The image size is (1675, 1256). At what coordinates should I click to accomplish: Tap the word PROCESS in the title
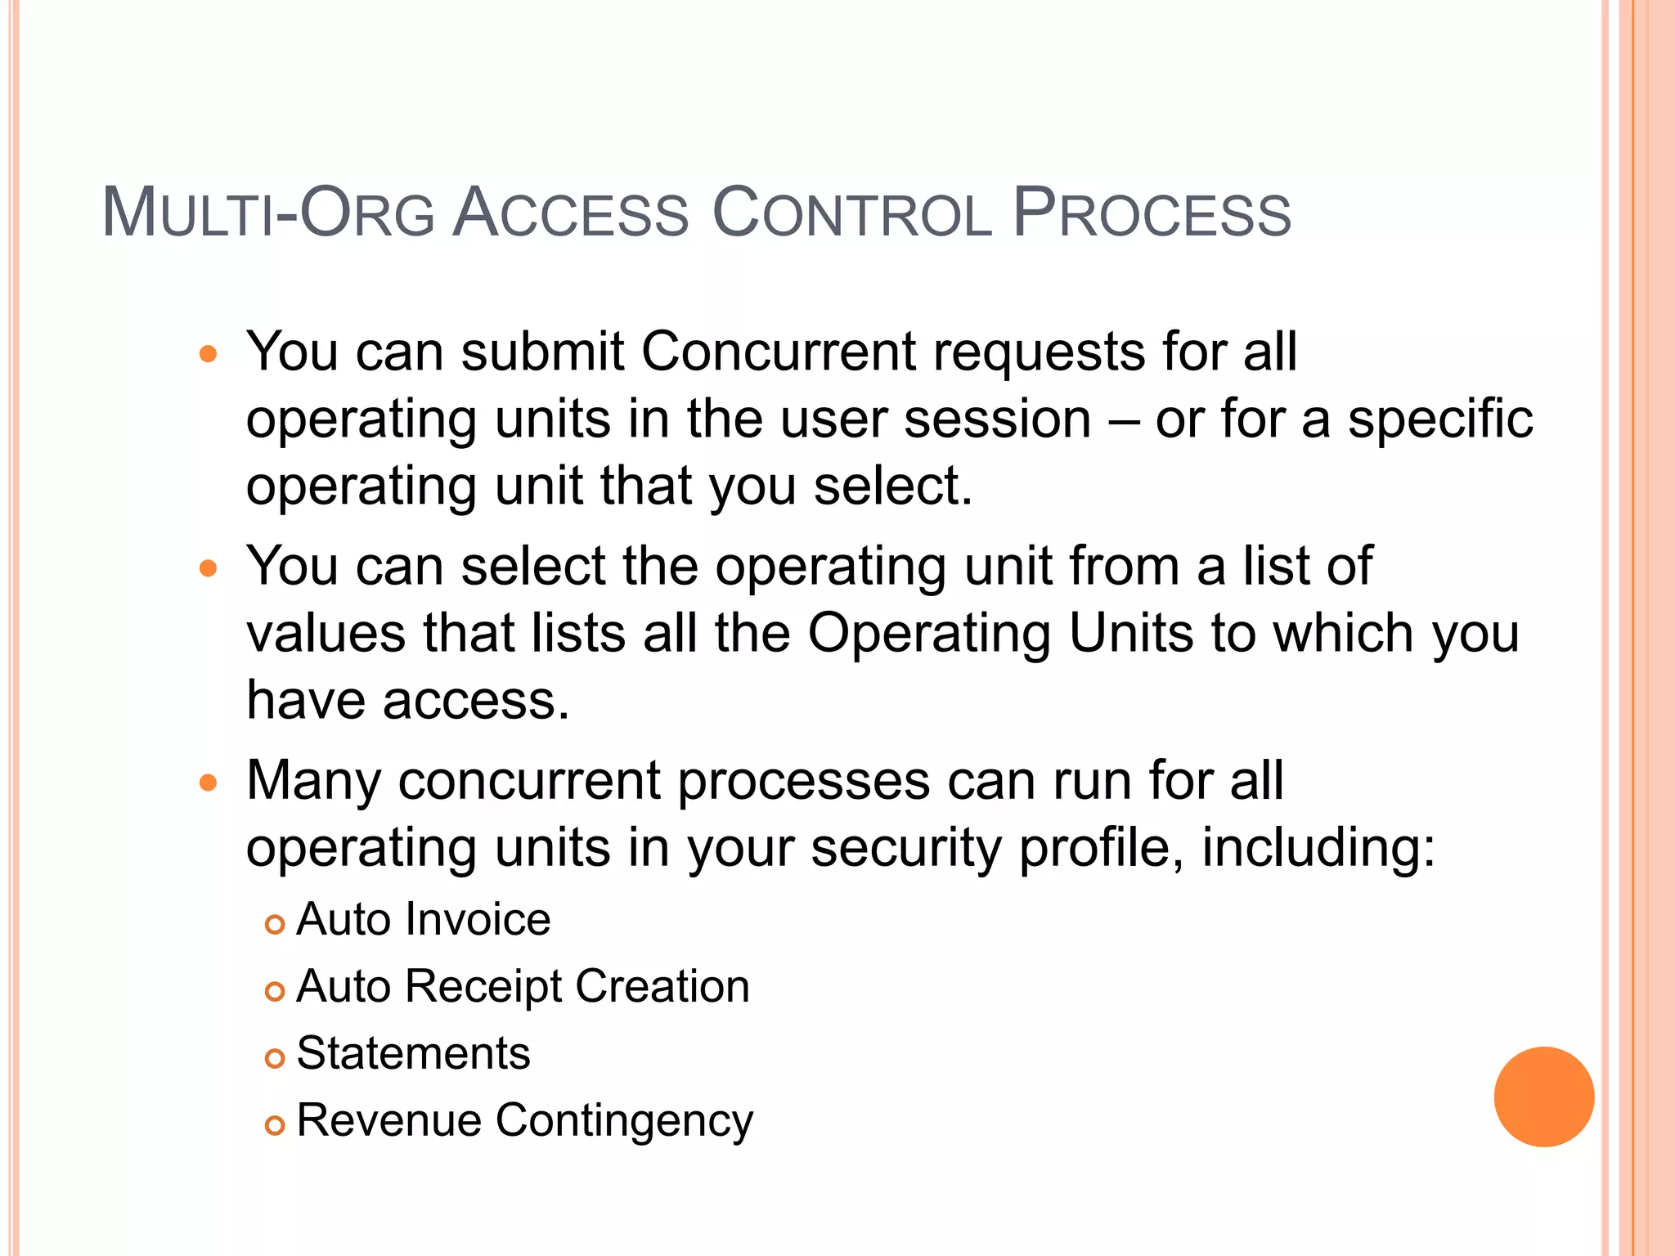[1152, 213]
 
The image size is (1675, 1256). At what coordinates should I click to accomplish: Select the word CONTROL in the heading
[852, 213]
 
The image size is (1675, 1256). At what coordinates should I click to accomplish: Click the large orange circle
[1543, 1097]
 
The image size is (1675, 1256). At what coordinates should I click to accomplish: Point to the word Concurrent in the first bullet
[778, 352]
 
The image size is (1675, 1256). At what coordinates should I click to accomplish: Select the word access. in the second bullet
[476, 701]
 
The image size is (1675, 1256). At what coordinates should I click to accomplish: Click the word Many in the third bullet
[313, 781]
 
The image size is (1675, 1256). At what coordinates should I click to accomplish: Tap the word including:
[1318, 848]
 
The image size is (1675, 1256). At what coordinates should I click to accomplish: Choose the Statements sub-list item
[413, 1053]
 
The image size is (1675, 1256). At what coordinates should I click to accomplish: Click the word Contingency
[624, 1121]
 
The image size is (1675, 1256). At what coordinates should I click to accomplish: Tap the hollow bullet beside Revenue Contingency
[275, 1125]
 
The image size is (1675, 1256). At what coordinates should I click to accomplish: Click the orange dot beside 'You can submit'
[209, 354]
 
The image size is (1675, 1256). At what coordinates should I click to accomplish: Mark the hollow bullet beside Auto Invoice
[275, 924]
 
